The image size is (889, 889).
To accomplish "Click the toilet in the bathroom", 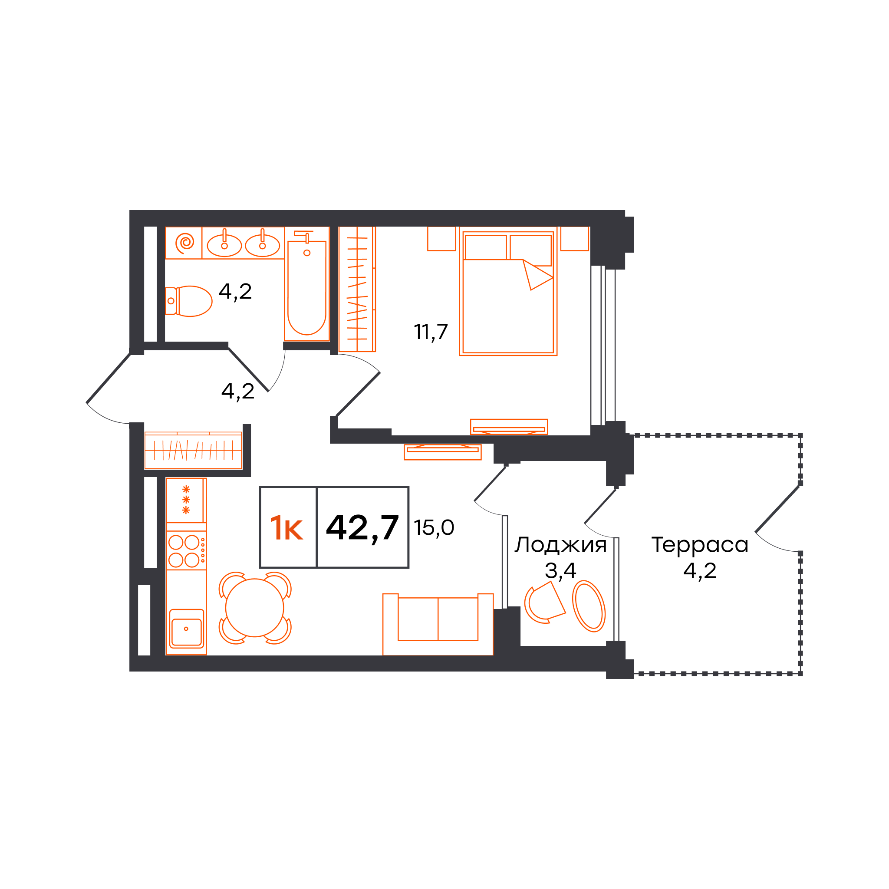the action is (x=188, y=301).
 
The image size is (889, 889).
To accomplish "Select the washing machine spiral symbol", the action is (x=185, y=242).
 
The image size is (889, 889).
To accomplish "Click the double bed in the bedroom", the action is (x=508, y=291).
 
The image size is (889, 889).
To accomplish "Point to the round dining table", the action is (x=254, y=608).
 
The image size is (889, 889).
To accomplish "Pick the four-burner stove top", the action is (x=186, y=550).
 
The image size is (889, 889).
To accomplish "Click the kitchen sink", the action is (x=186, y=629).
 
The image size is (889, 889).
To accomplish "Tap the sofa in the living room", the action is (x=438, y=624).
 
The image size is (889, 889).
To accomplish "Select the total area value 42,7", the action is (x=362, y=527).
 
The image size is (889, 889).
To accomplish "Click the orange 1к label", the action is (x=286, y=528).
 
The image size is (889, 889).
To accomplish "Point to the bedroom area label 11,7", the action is (x=431, y=332).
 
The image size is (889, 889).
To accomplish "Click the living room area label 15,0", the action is (x=434, y=527).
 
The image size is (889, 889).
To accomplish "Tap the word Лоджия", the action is (x=560, y=545).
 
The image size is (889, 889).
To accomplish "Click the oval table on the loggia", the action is (x=589, y=606).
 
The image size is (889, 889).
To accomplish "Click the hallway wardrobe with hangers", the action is (x=193, y=451).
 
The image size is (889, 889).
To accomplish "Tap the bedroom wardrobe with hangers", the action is (x=357, y=289).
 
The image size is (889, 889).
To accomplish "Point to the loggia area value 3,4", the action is (x=560, y=571).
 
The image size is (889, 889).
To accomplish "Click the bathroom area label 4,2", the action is (x=235, y=292).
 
